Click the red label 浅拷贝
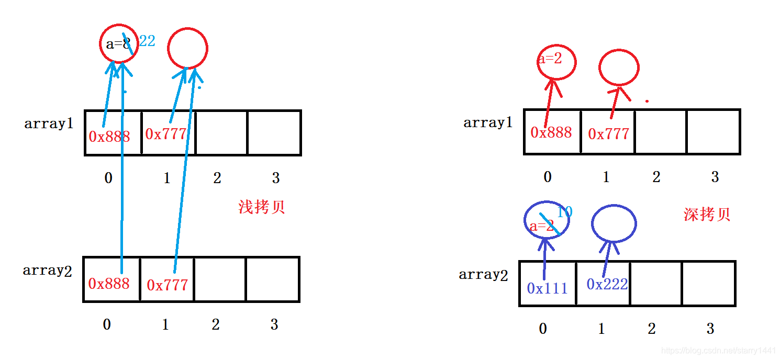click(261, 207)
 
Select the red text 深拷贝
click(707, 215)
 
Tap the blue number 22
click(148, 41)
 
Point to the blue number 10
click(564, 212)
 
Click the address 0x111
click(547, 288)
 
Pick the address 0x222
click(607, 284)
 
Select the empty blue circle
click(614, 223)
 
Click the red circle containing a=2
click(556, 62)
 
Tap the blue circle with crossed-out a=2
click(546, 220)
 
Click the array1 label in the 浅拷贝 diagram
click(49, 124)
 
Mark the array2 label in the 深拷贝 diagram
click(483, 275)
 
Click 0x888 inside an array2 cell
click(109, 284)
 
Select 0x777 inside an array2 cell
click(167, 285)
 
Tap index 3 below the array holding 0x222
click(710, 329)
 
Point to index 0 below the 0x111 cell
click(542, 329)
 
